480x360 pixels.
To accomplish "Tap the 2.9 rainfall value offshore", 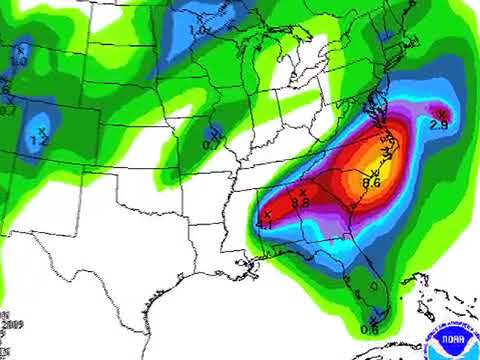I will coord(438,126).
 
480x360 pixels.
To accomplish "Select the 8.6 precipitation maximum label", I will coord(371,183).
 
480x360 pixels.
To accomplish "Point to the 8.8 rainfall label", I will coord(300,203).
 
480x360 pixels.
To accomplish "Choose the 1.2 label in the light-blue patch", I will coord(40,142).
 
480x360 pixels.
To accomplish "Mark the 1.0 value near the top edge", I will coord(200,31).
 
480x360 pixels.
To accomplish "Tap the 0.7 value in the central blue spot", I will coord(212,145).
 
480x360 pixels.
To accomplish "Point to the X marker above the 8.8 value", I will coord(302,191).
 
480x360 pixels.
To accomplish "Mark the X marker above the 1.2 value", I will coord(42,130).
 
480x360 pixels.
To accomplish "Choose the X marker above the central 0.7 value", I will coord(214,133).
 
